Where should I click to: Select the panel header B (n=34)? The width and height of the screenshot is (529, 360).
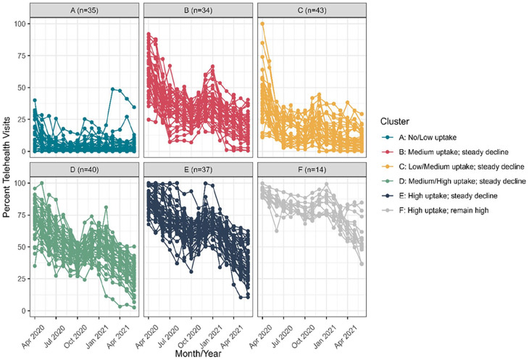pyautogui.click(x=195, y=9)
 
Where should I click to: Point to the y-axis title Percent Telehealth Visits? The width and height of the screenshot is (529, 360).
pyautogui.click(x=7, y=167)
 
